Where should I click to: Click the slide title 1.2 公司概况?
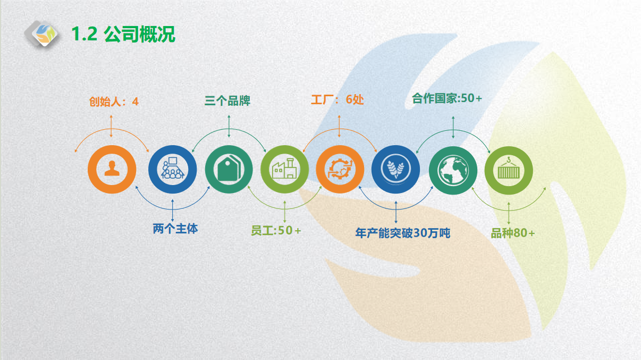[x=123, y=34]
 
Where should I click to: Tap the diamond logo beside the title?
[x=42, y=34]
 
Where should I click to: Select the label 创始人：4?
[x=114, y=102]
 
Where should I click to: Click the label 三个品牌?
[x=227, y=101]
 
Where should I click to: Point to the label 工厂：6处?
[x=338, y=99]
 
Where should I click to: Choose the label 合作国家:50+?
[x=447, y=98]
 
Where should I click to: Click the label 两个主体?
[x=175, y=229]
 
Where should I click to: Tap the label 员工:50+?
[x=276, y=231]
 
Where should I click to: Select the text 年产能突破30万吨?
[x=403, y=233]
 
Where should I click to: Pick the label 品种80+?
[x=513, y=233]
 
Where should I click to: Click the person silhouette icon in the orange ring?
[x=112, y=169]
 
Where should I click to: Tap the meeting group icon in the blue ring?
[x=173, y=168]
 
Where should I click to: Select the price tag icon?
[x=229, y=169]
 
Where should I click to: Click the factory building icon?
[x=284, y=169]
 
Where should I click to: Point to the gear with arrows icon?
[x=340, y=169]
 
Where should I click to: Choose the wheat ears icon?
[x=396, y=169]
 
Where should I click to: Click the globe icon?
[x=453, y=170]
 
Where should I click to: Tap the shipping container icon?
[x=509, y=169]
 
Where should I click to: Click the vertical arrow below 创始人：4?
[x=111, y=127]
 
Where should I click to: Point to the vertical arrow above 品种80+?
[x=509, y=213]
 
